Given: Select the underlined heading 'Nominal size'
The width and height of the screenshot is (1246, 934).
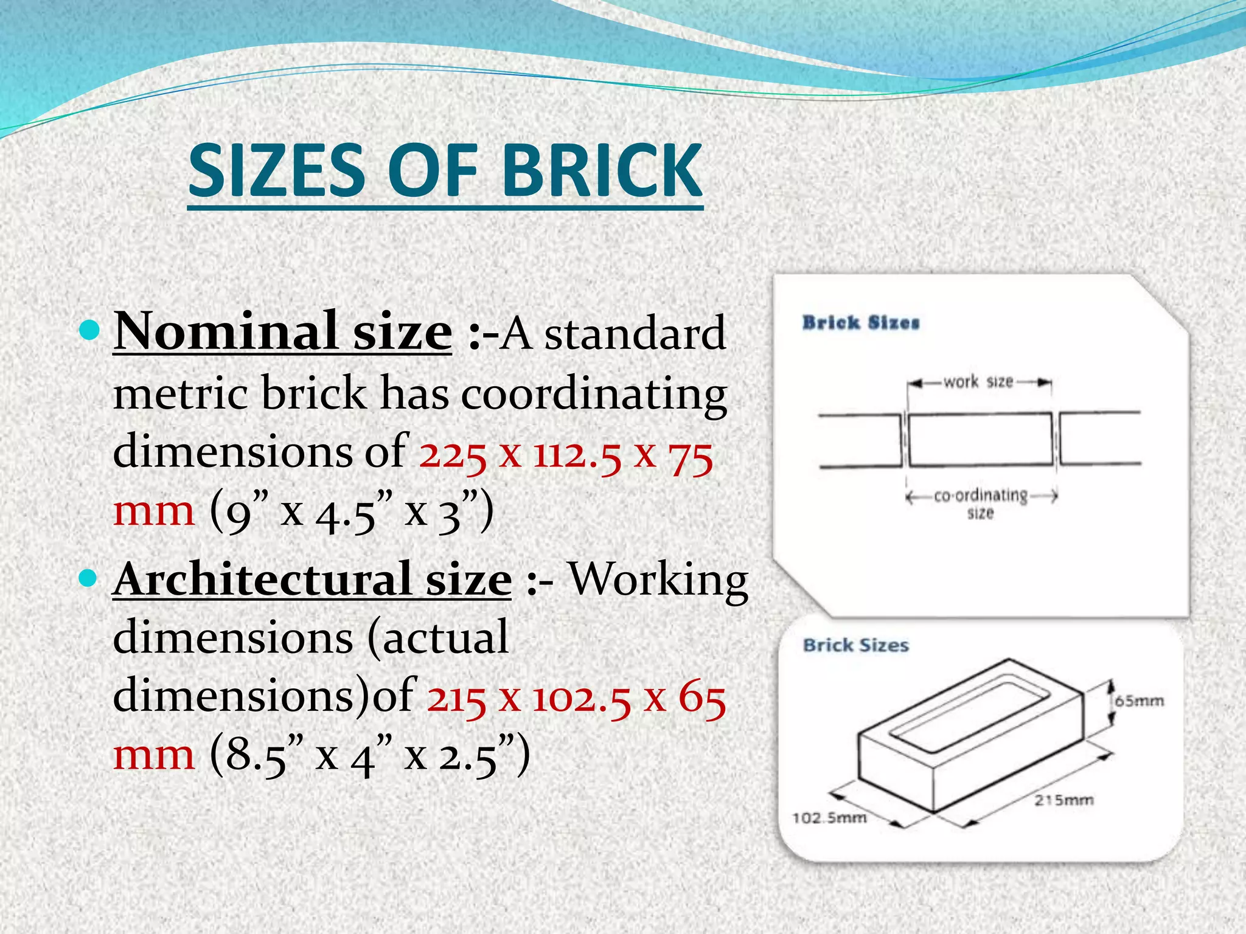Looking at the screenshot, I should tap(283, 331).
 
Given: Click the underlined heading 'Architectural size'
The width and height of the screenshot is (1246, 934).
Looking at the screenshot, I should tap(312, 579).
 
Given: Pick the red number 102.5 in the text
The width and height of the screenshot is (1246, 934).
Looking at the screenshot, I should tap(582, 698).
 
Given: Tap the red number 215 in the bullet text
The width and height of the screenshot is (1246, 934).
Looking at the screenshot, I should tap(456, 698).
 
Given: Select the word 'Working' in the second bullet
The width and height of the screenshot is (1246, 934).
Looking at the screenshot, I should tap(658, 579).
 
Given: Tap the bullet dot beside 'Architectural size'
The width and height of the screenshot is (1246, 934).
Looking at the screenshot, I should tap(89, 578).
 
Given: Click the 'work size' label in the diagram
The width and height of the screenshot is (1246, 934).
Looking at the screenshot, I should tap(978, 382).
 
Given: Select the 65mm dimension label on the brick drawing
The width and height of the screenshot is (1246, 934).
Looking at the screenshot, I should tap(1139, 701).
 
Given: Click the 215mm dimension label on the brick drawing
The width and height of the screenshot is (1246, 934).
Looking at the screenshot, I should tap(1064, 800).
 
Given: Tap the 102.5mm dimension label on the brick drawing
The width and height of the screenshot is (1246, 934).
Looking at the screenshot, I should tap(829, 818).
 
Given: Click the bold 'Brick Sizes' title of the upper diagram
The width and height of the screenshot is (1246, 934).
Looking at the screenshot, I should tap(860, 322).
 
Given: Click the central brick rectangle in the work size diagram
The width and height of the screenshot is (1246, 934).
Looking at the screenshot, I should tap(980, 439).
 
